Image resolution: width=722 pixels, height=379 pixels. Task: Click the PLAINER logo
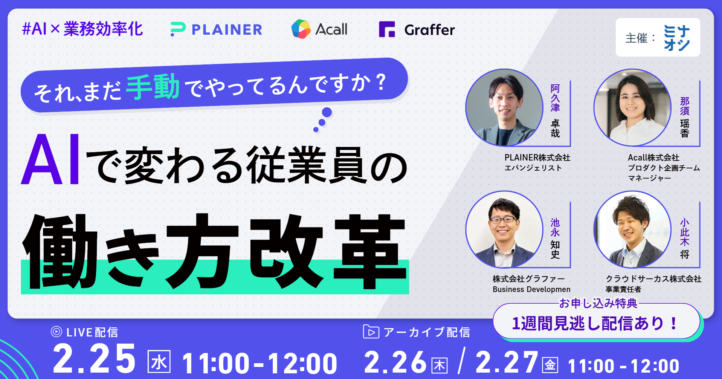pos(216,29)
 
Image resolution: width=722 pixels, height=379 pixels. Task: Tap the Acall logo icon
pos(301,29)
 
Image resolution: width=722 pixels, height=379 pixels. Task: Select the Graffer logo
pos(417,29)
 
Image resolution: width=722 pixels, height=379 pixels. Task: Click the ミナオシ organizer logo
pos(676,38)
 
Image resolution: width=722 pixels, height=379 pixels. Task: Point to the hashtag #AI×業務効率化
pos(82,29)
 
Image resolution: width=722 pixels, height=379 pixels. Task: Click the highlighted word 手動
pos(153,87)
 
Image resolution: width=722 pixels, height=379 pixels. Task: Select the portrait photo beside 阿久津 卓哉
pos(504,107)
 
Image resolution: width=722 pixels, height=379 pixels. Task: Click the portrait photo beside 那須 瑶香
pos(632,107)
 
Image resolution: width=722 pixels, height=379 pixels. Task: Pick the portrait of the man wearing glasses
pos(504,229)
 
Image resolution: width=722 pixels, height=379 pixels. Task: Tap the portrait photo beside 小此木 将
pos(632,229)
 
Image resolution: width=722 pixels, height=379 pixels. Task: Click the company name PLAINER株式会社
pos(537,157)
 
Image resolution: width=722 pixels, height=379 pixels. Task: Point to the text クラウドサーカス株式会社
pos(653,279)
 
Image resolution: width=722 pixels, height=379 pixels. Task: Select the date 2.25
pos(94,358)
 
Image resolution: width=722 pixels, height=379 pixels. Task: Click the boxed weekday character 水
pos(159,362)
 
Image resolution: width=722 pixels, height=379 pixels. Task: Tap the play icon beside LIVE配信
pos(56,332)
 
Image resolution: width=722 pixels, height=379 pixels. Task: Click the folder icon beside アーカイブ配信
pos(371,332)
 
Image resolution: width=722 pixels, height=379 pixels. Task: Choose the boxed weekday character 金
pos(550,365)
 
